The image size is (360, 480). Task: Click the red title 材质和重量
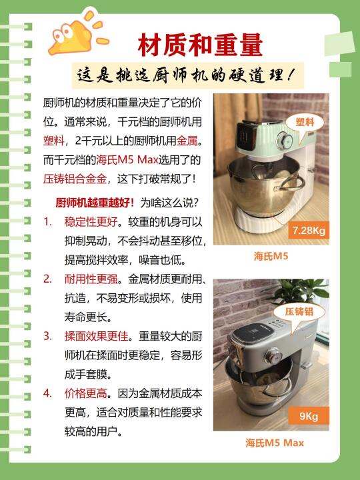tap(200, 45)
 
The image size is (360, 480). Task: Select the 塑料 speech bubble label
tap(305, 122)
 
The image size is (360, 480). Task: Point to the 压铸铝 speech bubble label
tap(299, 311)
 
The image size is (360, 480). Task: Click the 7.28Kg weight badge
tap(309, 230)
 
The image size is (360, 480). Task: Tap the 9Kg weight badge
tap(309, 416)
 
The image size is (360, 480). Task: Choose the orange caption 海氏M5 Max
tap(275, 443)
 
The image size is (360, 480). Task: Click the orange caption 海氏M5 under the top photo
tap(271, 256)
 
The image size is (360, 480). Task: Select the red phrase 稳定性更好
tap(91, 221)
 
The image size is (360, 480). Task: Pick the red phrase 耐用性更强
tap(91, 279)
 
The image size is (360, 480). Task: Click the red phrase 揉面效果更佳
tap(96, 336)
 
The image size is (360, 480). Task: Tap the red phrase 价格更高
tap(86, 393)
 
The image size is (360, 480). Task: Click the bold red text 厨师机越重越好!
tap(95, 203)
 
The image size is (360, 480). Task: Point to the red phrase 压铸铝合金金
tap(75, 179)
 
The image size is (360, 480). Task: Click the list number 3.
tap(47, 336)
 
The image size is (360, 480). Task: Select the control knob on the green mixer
tap(284, 141)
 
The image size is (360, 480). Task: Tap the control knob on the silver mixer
tap(273, 356)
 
